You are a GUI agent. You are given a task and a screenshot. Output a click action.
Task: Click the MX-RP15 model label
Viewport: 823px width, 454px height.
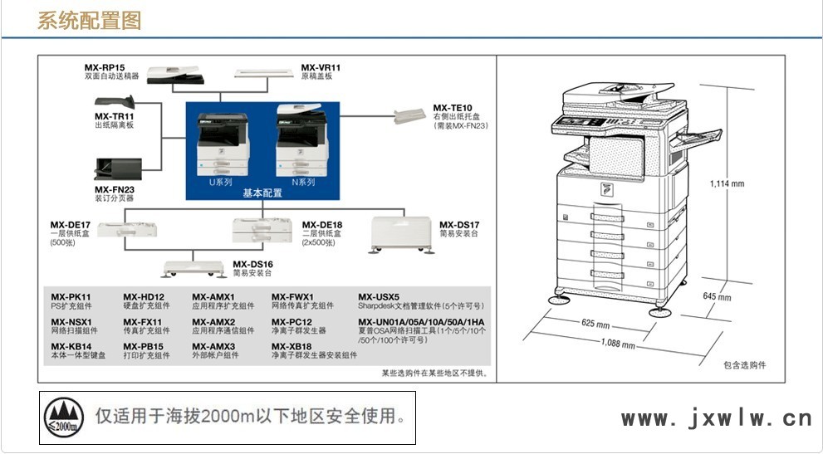[105, 68]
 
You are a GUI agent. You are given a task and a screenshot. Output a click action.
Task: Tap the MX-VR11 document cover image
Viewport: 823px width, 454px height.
[263, 73]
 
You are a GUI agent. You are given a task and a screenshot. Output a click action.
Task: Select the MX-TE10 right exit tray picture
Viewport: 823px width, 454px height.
[410, 115]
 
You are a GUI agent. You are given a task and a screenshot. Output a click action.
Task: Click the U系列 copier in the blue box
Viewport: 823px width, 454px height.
[223, 144]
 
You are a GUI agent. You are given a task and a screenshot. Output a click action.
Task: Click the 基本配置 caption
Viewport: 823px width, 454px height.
[262, 193]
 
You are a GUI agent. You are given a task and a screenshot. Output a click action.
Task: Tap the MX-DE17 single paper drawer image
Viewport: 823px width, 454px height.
[127, 229]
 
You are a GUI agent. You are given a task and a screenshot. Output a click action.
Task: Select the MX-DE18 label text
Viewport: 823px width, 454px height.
[321, 225]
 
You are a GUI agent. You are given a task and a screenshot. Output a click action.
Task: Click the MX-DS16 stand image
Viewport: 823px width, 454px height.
[194, 268]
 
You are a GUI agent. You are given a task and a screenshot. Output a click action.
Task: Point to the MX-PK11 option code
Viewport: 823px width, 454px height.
[71, 297]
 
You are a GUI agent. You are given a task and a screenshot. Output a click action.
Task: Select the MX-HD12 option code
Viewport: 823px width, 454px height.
[144, 297]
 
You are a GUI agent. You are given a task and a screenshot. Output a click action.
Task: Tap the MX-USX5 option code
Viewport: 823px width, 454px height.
[379, 297]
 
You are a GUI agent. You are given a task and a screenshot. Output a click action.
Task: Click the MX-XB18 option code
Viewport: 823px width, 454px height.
[291, 347]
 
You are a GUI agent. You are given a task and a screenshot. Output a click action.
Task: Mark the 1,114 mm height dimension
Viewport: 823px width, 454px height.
[727, 183]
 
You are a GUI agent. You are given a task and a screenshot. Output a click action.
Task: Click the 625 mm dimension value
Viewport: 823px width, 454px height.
[595, 324]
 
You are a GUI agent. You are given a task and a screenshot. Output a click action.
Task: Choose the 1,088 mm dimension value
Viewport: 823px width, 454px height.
[618, 344]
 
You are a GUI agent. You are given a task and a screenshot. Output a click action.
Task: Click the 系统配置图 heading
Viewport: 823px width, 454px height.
[89, 21]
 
